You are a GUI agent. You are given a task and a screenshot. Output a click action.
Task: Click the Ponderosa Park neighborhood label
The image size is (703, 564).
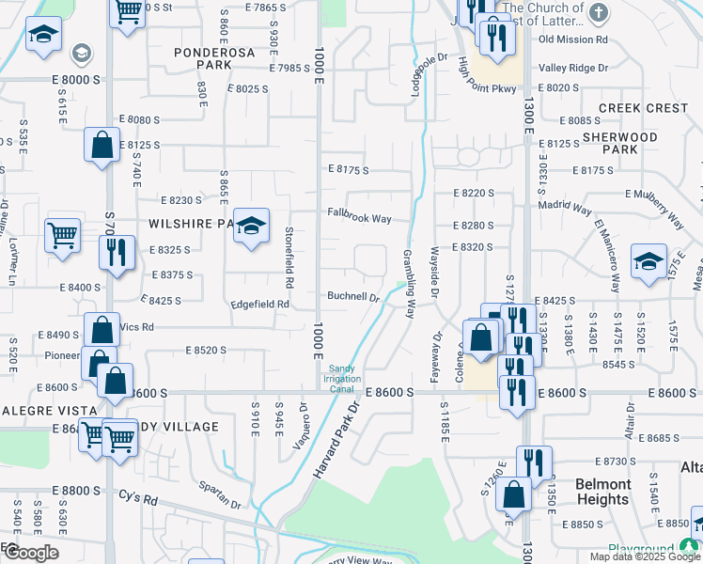(214, 59)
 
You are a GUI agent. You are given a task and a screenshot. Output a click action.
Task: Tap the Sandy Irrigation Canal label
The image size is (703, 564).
(344, 380)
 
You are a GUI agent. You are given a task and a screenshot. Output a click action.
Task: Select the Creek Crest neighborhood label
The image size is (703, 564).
(643, 109)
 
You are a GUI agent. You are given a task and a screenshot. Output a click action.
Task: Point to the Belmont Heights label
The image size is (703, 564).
(602, 492)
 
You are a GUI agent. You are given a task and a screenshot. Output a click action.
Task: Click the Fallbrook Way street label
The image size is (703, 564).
(359, 218)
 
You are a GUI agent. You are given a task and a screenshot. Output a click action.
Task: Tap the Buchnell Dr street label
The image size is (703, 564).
(352, 296)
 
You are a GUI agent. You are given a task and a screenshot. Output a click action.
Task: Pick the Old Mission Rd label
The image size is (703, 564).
(573, 40)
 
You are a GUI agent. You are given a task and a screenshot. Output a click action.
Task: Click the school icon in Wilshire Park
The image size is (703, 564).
(251, 227)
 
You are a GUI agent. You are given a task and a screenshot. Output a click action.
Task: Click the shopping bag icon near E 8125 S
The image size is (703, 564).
(102, 146)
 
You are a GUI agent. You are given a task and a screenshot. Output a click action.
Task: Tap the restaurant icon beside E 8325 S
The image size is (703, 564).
(117, 253)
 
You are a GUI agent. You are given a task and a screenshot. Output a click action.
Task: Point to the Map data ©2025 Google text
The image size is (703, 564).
(644, 556)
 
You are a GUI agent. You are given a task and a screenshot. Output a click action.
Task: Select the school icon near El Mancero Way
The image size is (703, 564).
(648, 263)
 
